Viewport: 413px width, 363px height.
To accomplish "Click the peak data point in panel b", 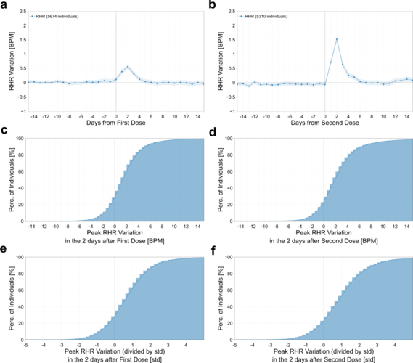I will coord(337,39).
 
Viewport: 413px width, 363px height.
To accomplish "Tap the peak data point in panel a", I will coord(128,67).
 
